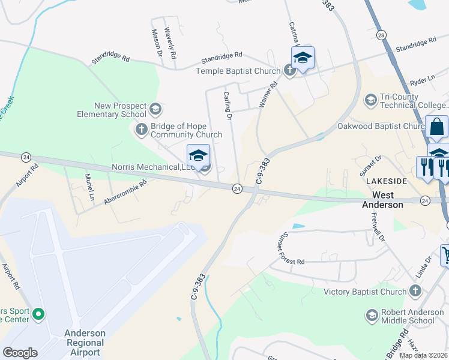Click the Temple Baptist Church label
coord(238,71)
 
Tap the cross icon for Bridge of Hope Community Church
coord(142,128)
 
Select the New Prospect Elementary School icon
coord(155,109)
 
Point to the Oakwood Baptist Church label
coord(390,126)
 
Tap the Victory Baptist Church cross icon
coord(415,292)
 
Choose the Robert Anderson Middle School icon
coord(371,315)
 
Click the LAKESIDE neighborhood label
coord(384,181)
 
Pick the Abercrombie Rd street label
coord(125,193)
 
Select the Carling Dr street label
coord(228,106)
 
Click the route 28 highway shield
coord(381,36)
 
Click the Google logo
coord(20,352)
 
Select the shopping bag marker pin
coord(437,127)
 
